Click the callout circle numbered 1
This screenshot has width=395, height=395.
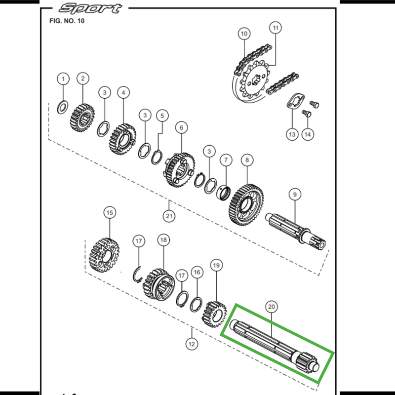click(x=63, y=78)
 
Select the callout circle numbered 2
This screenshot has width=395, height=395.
click(x=82, y=78)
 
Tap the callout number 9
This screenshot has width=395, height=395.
click(x=294, y=195)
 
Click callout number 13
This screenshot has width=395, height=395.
click(x=292, y=134)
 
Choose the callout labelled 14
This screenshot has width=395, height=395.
click(x=308, y=134)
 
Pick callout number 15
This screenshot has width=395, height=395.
click(x=109, y=212)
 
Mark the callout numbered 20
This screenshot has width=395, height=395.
click(x=271, y=307)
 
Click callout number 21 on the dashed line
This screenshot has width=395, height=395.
click(x=169, y=216)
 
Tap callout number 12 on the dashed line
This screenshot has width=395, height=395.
click(x=192, y=342)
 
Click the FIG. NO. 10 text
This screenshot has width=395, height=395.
click(x=64, y=22)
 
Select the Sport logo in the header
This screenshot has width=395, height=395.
click(x=90, y=9)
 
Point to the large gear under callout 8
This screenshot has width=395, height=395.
click(x=246, y=205)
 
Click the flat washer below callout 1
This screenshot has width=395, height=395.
click(x=63, y=106)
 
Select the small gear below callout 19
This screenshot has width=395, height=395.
click(x=213, y=314)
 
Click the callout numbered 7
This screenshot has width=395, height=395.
click(x=226, y=160)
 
